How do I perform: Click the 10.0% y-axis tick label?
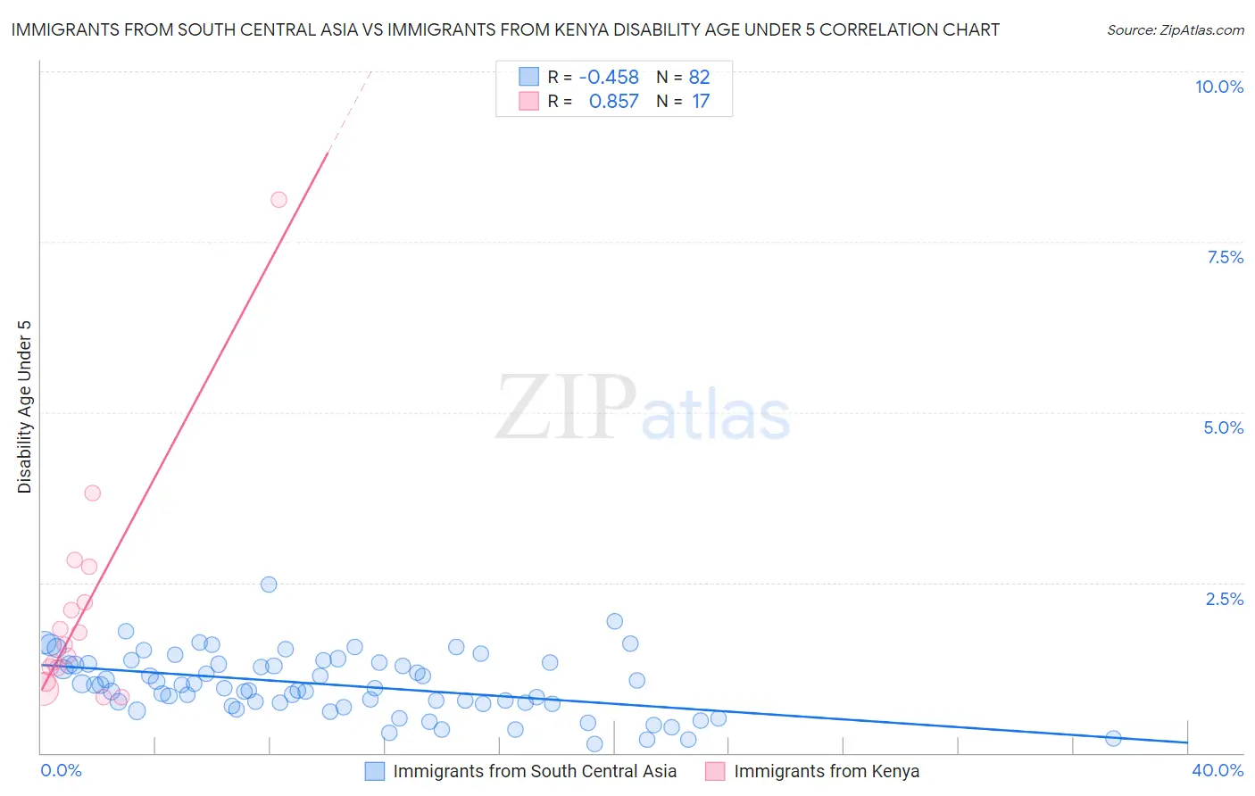[1218, 87]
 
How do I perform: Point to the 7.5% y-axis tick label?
[1225, 257]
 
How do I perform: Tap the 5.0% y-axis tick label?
[1223, 427]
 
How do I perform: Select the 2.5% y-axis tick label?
[1224, 599]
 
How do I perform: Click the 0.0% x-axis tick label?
[61, 770]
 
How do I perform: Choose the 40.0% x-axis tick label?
[1217, 770]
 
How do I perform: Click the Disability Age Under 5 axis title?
[25, 406]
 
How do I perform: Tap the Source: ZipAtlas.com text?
[1175, 29]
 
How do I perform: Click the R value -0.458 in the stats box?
[609, 77]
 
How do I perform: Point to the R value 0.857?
[613, 102]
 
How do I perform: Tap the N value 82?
[699, 77]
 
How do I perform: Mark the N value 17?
[701, 102]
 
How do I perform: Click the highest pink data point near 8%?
[278, 200]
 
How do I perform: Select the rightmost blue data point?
[1113, 738]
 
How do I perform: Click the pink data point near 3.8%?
[92, 493]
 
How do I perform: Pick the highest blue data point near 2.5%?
[269, 585]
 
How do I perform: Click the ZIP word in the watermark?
[565, 408]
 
